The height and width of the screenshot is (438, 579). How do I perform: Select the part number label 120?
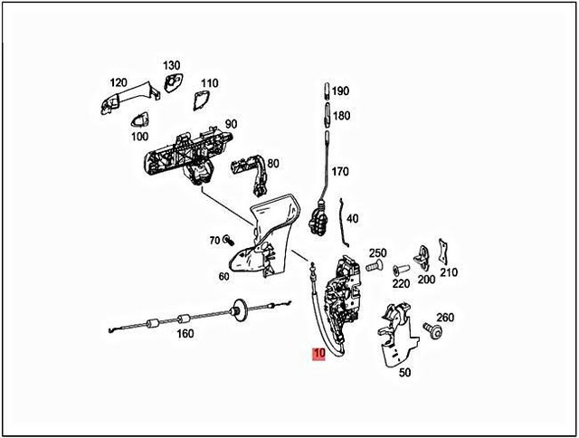(x=118, y=82)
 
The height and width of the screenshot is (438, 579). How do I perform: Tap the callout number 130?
(x=172, y=66)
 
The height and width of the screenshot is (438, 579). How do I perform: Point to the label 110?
(x=209, y=82)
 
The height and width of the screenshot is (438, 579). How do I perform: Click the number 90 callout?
(x=231, y=124)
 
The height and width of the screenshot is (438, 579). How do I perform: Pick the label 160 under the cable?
(x=185, y=333)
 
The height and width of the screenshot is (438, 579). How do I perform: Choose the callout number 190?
(x=340, y=91)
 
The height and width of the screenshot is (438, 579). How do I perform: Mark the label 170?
(x=340, y=171)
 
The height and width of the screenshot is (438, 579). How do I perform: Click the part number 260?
(x=445, y=317)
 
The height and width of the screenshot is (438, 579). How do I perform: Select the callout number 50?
(x=404, y=372)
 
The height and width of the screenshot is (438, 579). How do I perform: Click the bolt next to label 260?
(x=437, y=334)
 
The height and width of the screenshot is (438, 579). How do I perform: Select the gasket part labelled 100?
(x=141, y=119)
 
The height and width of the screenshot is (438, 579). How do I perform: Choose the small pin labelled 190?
(x=324, y=91)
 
